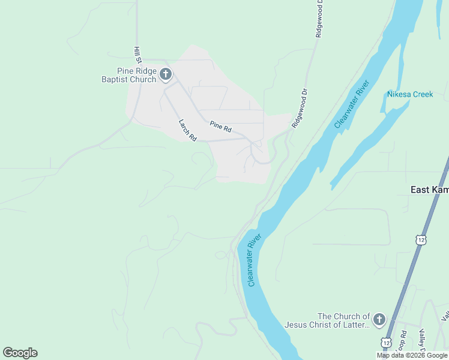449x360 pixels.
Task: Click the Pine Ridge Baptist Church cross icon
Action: click(166, 75)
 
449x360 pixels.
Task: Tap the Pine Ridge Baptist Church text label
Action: click(129, 75)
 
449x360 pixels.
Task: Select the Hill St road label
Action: click(137, 55)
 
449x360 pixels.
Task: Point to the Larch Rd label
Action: click(188, 130)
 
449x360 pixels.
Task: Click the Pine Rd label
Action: click(220, 126)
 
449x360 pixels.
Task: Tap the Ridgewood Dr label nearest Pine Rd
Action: click(299, 109)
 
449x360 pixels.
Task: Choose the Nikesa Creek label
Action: click(410, 94)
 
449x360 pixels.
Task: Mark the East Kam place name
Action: click(429, 190)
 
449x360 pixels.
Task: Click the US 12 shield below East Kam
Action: click(421, 239)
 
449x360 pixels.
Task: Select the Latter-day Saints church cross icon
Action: click(379, 320)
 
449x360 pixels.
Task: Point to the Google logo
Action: click(20, 353)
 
